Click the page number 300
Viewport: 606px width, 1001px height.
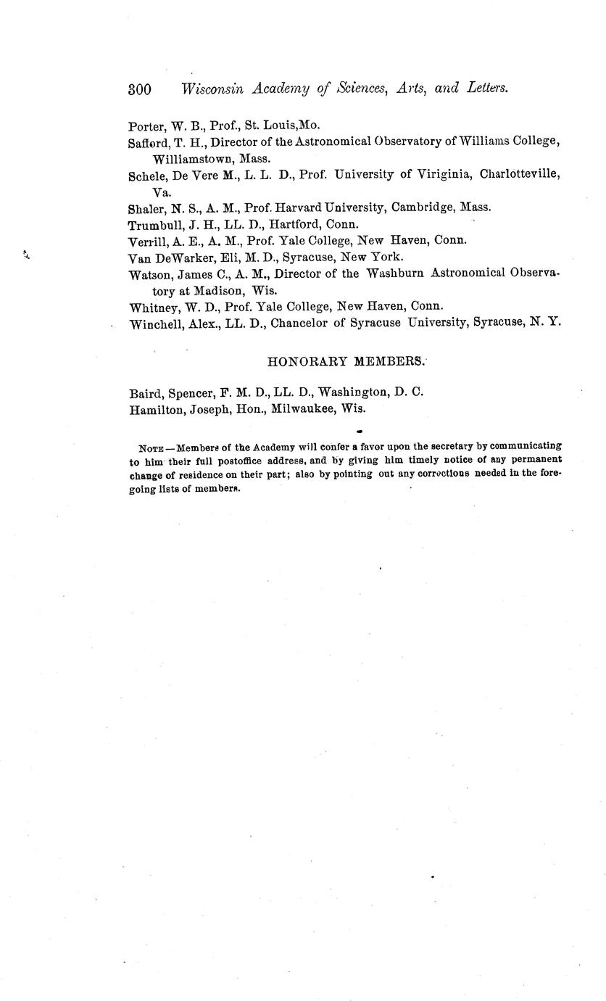tap(139, 89)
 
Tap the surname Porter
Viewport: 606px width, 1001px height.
tap(146, 125)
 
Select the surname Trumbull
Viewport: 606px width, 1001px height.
tap(156, 224)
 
